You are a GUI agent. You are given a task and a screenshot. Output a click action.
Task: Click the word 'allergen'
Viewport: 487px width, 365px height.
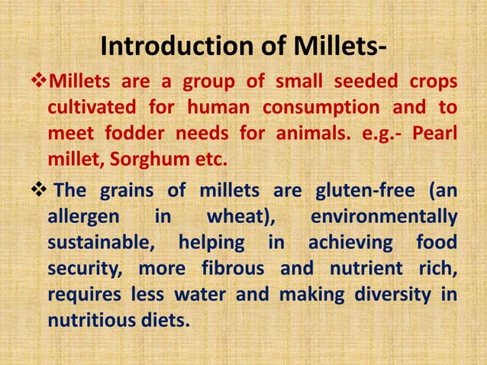click(83, 217)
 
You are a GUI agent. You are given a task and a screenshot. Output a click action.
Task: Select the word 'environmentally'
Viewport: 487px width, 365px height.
click(385, 217)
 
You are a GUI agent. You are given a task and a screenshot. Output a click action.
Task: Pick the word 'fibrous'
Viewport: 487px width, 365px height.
click(234, 269)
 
